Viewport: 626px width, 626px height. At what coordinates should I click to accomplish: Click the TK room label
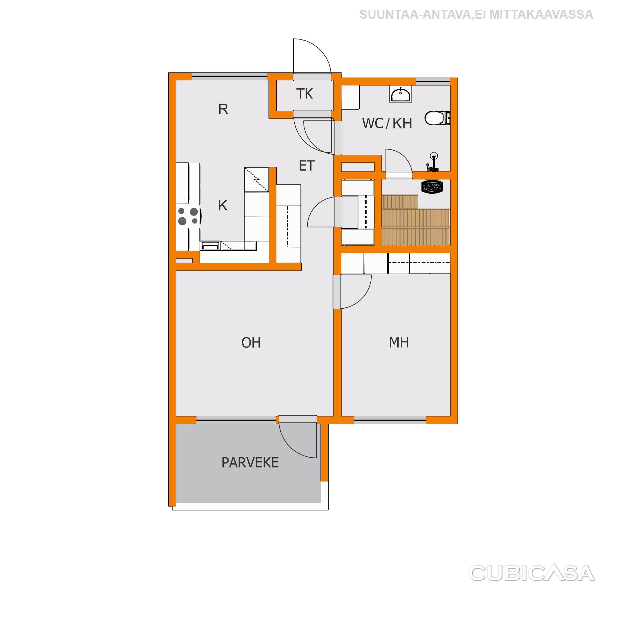(x=304, y=94)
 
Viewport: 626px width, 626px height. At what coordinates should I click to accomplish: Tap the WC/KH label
(x=387, y=123)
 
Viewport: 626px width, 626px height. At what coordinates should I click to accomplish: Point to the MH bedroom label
(x=399, y=343)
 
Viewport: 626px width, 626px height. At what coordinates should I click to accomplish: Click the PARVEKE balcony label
(x=250, y=463)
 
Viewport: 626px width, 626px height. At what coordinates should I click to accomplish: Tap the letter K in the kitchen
(x=223, y=205)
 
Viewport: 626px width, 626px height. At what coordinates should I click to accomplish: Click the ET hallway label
(x=307, y=166)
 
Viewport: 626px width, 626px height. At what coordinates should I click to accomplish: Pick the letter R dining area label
(x=223, y=109)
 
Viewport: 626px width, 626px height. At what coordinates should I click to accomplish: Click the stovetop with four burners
(x=189, y=216)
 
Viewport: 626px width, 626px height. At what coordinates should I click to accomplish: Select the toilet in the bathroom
(x=437, y=118)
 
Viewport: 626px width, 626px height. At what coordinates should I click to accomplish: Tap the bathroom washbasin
(x=401, y=94)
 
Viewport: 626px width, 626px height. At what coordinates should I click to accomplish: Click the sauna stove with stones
(x=432, y=187)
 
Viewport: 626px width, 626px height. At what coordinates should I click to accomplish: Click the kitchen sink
(x=210, y=246)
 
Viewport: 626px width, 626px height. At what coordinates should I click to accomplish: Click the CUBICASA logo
(x=531, y=573)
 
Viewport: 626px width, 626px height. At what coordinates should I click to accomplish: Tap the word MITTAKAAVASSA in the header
(x=541, y=15)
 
